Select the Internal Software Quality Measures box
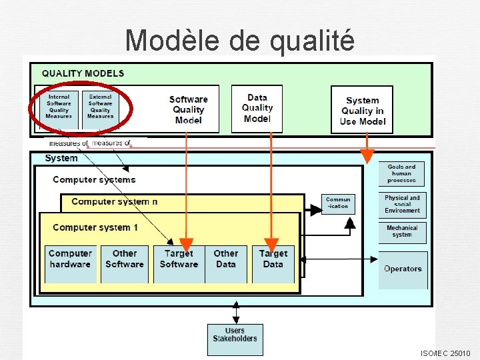click(x=59, y=107)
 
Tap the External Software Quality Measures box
click(x=100, y=107)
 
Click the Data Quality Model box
click(x=257, y=108)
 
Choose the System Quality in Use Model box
click(x=362, y=110)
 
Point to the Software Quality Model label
click(x=188, y=109)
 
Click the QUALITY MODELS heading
click(x=83, y=73)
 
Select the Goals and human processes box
click(x=401, y=173)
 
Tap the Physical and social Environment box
click(x=402, y=204)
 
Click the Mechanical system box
click(x=402, y=231)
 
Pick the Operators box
click(x=403, y=269)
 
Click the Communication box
click(x=338, y=203)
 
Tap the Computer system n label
click(x=115, y=201)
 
